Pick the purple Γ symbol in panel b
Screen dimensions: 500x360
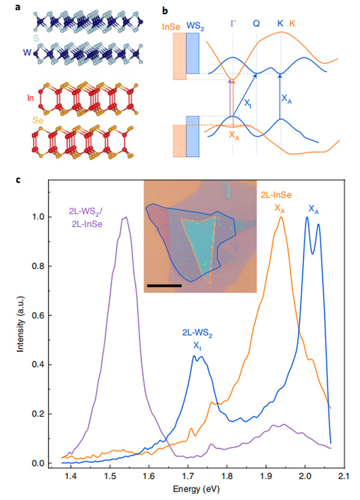pyautogui.click(x=233, y=24)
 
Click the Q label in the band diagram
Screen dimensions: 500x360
pyautogui.click(x=256, y=24)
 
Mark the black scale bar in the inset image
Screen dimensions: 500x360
pyautogui.click(x=163, y=285)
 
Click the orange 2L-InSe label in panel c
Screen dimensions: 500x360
pyautogui.click(x=277, y=195)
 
